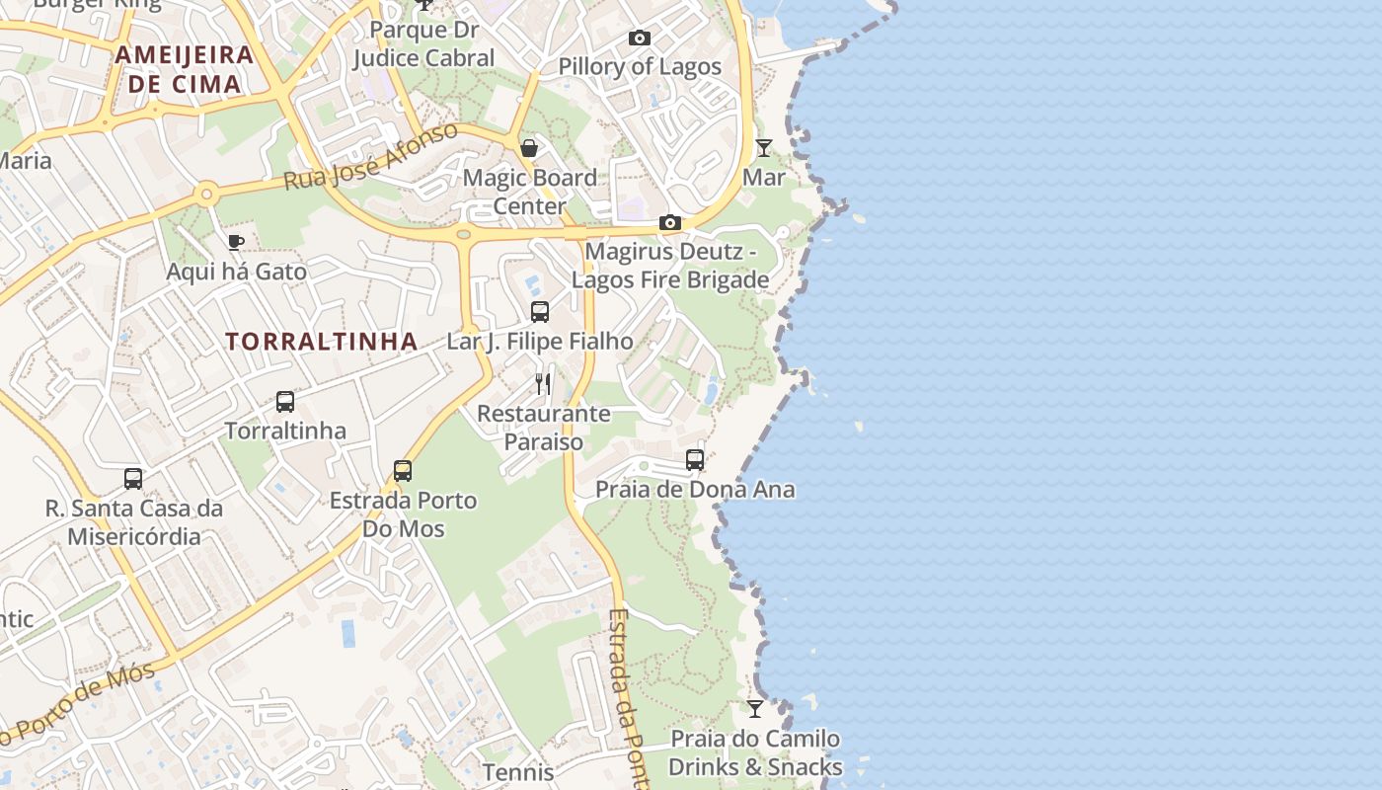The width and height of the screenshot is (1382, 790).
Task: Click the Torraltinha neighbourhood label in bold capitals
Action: tap(321, 342)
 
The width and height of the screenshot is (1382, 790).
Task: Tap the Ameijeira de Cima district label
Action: tap(185, 69)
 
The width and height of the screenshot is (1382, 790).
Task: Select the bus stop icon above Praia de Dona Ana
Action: tap(695, 460)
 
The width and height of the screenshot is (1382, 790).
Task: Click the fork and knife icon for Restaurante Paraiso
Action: tap(543, 383)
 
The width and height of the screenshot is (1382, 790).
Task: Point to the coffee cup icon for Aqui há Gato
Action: tap(235, 242)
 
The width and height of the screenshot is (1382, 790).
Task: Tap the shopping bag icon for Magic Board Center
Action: tap(529, 148)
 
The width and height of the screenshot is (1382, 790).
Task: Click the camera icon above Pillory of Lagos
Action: tap(640, 39)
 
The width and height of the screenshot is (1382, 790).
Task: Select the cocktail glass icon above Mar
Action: tap(764, 148)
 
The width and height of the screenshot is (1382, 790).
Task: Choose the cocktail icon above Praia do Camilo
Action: tap(755, 708)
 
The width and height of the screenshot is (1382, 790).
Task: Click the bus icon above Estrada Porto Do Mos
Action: tap(403, 470)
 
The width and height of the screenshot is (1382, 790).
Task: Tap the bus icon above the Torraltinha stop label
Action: tap(285, 402)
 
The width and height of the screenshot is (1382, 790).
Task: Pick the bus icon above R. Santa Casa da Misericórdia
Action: tap(133, 479)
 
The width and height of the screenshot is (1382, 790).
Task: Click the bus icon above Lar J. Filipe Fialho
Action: tap(540, 312)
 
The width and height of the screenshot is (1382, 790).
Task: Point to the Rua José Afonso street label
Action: tap(371, 157)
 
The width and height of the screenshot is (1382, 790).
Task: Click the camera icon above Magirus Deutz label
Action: tap(670, 223)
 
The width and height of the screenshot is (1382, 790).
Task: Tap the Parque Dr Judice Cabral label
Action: tap(423, 44)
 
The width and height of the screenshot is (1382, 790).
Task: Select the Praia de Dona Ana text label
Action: tap(695, 490)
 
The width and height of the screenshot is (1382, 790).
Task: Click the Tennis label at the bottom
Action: tap(518, 771)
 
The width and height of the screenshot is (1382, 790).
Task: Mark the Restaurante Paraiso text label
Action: tap(544, 428)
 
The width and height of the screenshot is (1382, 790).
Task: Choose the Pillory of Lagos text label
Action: tap(640, 67)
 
